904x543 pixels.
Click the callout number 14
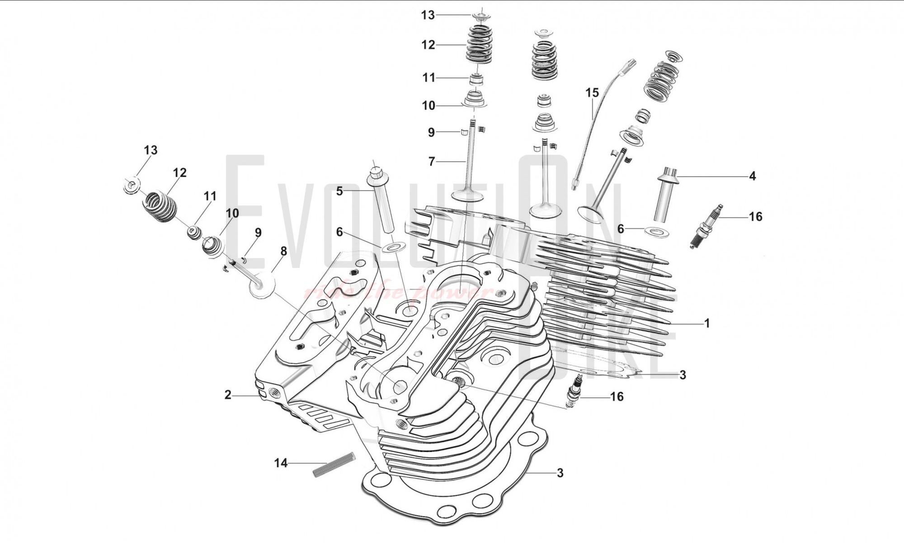pyautogui.click(x=281, y=463)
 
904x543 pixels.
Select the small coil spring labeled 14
pyautogui.click(x=334, y=464)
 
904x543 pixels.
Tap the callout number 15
pyautogui.click(x=592, y=93)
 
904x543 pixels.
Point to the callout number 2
pyautogui.click(x=228, y=395)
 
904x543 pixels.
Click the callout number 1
pyautogui.click(x=707, y=323)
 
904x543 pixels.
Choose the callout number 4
pyautogui.click(x=752, y=176)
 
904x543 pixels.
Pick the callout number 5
pyautogui.click(x=339, y=191)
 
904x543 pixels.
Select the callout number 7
pyautogui.click(x=431, y=161)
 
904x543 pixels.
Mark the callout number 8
pyautogui.click(x=283, y=251)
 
